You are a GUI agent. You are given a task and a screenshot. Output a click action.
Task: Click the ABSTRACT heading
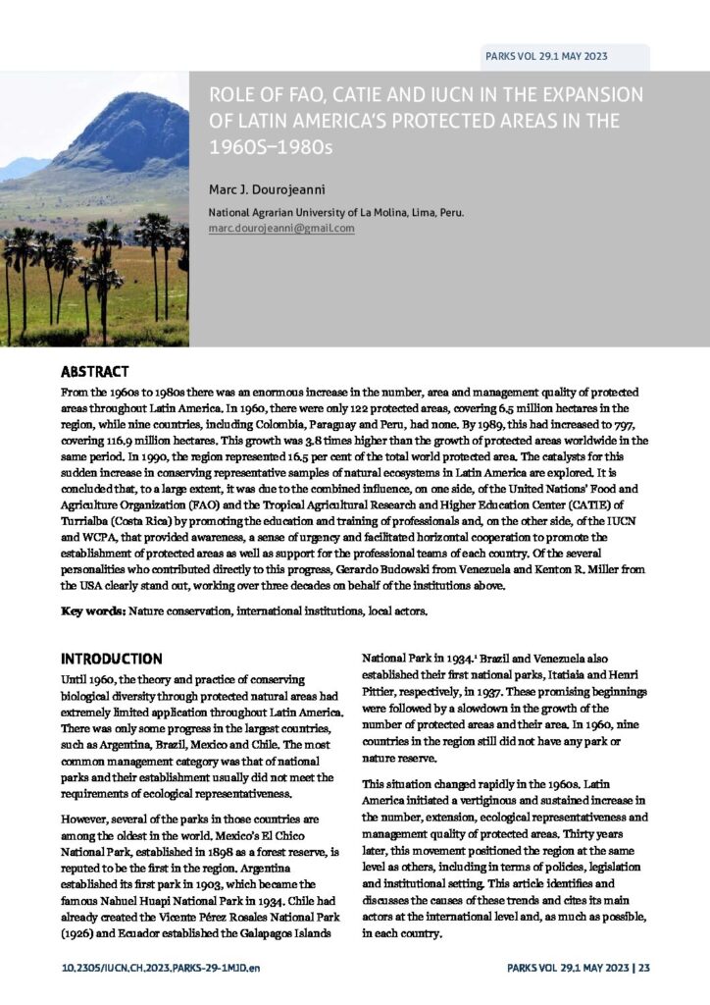click(x=95, y=372)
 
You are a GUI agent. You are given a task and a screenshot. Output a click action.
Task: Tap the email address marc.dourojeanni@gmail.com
click(x=281, y=228)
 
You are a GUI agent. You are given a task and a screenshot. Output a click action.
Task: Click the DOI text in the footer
click(x=154, y=969)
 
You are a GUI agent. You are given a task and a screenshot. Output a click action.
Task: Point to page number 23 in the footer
click(x=643, y=969)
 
